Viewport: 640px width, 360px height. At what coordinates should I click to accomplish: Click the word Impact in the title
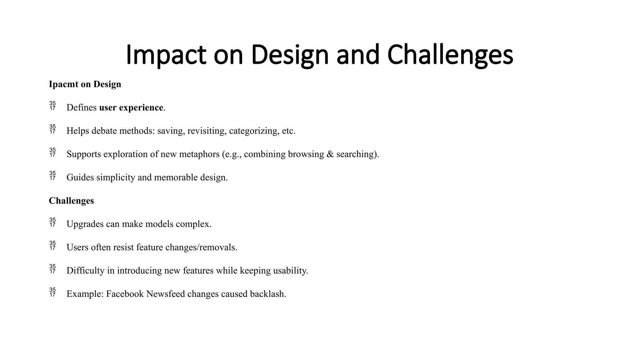coord(166,55)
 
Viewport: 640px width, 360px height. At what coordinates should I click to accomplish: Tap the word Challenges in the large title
coord(450,55)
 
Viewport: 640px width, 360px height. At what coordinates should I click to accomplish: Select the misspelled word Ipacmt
coord(63,84)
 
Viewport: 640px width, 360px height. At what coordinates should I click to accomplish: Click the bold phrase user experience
coord(131,107)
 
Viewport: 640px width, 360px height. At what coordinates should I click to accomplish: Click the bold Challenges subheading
coord(71,201)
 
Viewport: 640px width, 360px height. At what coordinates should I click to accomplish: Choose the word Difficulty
coord(85,271)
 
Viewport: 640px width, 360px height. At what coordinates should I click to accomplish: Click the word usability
coord(290,271)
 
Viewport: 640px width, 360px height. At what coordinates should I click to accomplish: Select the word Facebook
coord(125,294)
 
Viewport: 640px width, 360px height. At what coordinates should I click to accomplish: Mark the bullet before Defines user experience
coord(52,106)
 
